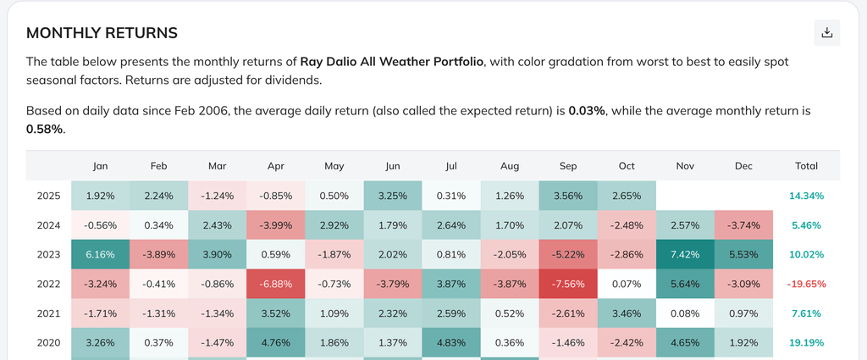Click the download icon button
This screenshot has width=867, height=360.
pos(827,33)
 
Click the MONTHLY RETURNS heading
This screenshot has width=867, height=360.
pos(102,33)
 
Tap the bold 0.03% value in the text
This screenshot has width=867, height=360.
pos(587,111)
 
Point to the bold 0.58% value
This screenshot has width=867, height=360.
pos(44,130)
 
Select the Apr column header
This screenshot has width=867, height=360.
pos(275,166)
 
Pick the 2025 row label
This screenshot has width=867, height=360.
pos(48,196)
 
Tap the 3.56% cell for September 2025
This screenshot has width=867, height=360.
pos(567,196)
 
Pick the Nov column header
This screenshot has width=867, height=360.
pos(685,166)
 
